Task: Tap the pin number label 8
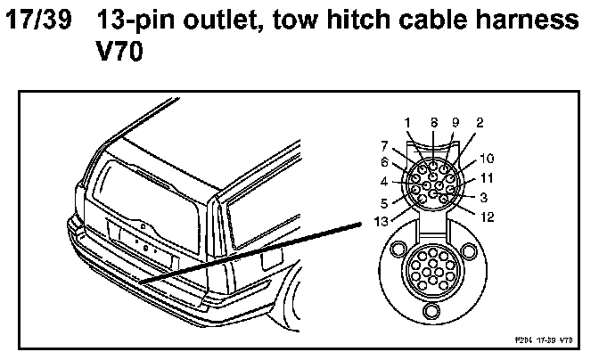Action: pyautogui.click(x=433, y=122)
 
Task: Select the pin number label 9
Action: pyautogui.click(x=455, y=122)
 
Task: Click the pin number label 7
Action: pyautogui.click(x=385, y=145)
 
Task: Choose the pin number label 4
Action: pyautogui.click(x=385, y=181)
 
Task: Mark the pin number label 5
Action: pyautogui.click(x=385, y=201)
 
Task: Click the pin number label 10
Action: pyautogui.click(x=487, y=159)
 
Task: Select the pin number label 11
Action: pyautogui.click(x=487, y=177)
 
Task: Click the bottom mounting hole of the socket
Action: pyautogui.click(x=434, y=310)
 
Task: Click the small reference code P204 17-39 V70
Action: pyautogui.click(x=543, y=340)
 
